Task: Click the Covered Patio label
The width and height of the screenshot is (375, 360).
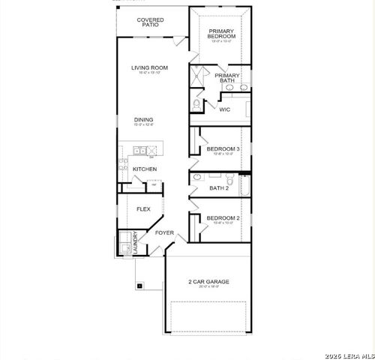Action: pyautogui.click(x=151, y=22)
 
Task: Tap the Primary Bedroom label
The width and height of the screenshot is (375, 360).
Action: pyautogui.click(x=222, y=34)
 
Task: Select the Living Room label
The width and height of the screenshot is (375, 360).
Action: pyautogui.click(x=149, y=68)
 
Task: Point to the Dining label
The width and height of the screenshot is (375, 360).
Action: pyautogui.click(x=144, y=119)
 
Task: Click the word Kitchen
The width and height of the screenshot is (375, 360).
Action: pyautogui.click(x=145, y=169)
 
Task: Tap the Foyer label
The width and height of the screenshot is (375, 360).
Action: pyautogui.click(x=164, y=233)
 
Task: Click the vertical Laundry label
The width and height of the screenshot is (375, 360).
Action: pyautogui.click(x=135, y=244)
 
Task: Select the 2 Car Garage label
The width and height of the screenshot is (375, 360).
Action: pyautogui.click(x=208, y=282)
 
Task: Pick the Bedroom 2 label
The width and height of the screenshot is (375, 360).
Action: pyautogui.click(x=223, y=218)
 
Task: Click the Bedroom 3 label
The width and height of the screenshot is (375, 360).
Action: pyautogui.click(x=223, y=149)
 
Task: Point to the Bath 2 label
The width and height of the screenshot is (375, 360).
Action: pyautogui.click(x=218, y=188)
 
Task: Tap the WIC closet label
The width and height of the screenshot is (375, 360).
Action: pyautogui.click(x=224, y=109)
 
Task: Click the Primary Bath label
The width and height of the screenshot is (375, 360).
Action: pyautogui.click(x=227, y=78)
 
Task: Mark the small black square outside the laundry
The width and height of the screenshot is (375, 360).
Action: pyautogui.click(x=139, y=285)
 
